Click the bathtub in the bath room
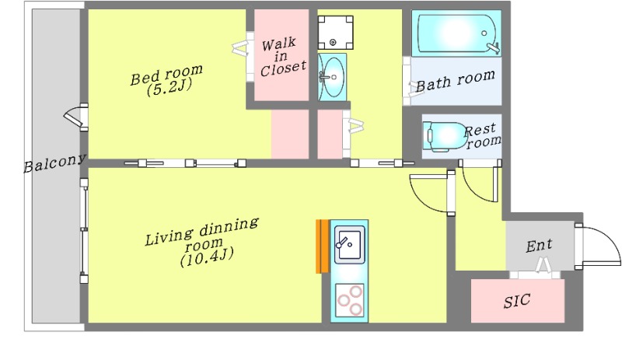pos(456,33)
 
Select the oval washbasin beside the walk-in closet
pos(332,77)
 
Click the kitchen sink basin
pos(349,244)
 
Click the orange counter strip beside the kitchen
pos(323,246)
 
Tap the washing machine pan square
pos(335,32)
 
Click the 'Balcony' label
pos(54,163)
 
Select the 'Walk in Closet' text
pos(283,57)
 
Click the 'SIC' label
pos(517,301)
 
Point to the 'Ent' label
pos(539,245)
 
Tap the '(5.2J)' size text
pos(169,87)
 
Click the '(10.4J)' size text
pos(207,257)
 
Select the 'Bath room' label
pos(455,80)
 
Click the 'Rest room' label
pos(482,136)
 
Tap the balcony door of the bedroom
pos(75,117)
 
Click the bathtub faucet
pos(494,47)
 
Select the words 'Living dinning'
pos(202,232)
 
